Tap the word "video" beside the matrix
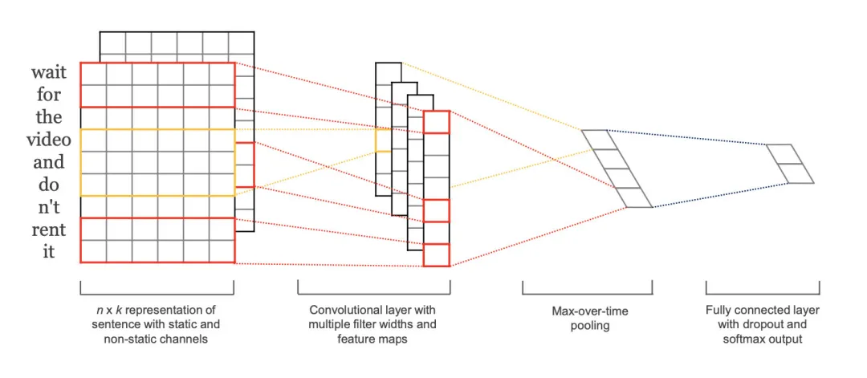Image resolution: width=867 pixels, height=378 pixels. (x=49, y=140)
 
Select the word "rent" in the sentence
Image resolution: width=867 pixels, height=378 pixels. (x=49, y=230)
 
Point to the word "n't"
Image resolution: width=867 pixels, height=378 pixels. (x=49, y=207)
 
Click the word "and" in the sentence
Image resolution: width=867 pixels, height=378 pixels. (x=49, y=162)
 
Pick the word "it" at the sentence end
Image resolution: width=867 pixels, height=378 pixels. (x=49, y=251)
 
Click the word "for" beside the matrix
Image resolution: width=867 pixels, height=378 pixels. (x=49, y=95)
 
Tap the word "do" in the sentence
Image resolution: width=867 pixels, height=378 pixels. (x=49, y=185)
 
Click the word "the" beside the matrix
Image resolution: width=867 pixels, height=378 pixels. (x=49, y=117)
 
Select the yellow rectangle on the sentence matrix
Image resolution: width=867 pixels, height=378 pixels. (x=157, y=162)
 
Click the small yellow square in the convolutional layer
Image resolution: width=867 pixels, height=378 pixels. (x=383, y=140)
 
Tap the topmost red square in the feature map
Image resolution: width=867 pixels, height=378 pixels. (x=437, y=122)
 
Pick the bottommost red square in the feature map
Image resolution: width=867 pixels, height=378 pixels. (x=437, y=254)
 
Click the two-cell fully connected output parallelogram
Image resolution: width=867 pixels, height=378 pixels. (x=790, y=164)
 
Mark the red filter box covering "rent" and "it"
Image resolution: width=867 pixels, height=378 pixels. (x=157, y=240)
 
